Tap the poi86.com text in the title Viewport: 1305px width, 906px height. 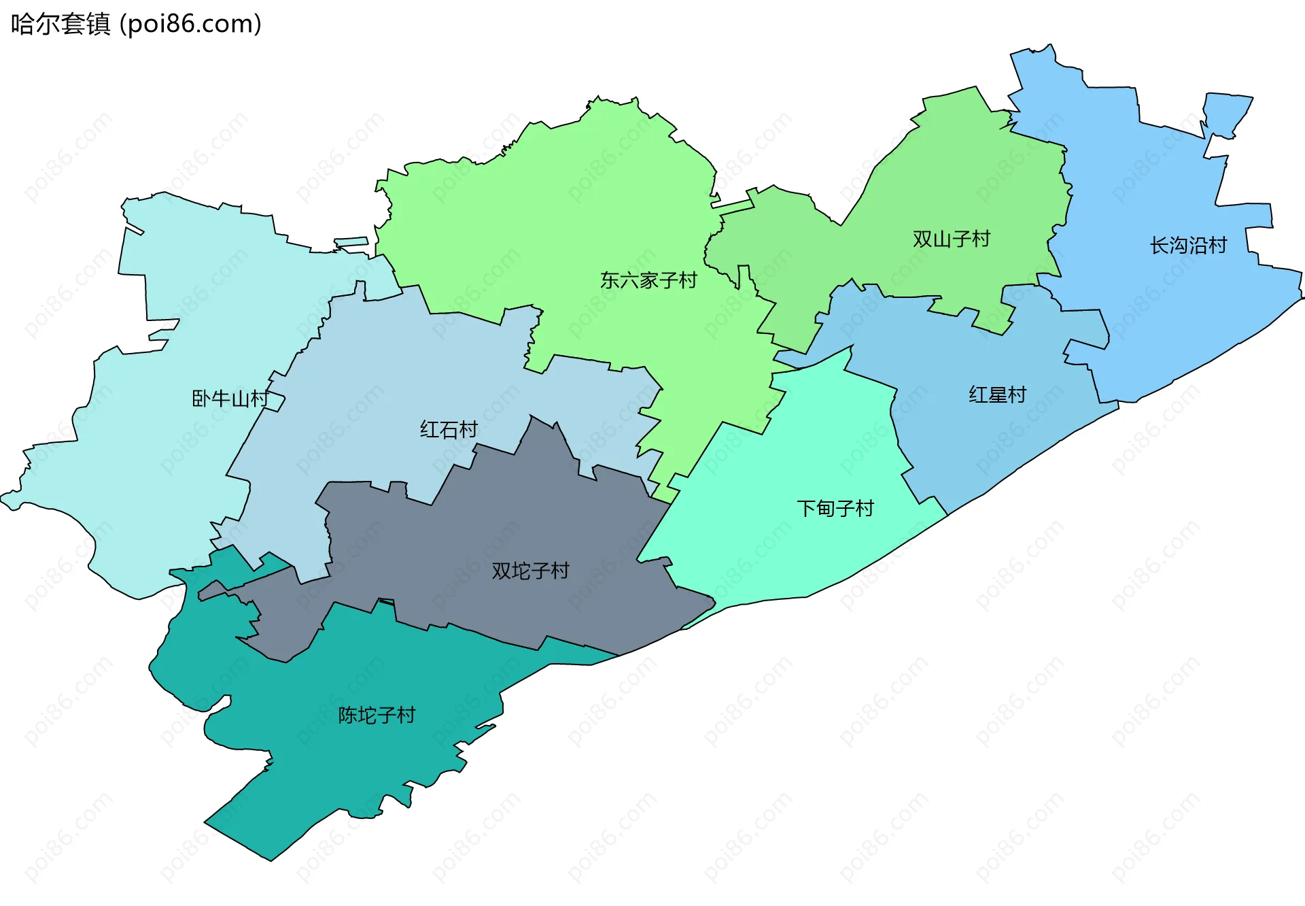[190, 24]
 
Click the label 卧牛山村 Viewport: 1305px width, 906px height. [230, 399]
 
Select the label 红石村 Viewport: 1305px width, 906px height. [449, 430]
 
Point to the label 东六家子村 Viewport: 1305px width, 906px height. [648, 280]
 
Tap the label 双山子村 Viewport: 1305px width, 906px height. [951, 239]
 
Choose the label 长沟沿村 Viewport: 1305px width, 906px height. [1188, 246]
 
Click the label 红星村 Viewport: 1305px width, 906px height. [997, 395]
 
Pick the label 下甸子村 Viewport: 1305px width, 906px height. [835, 509]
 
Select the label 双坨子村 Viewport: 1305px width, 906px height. [530, 571]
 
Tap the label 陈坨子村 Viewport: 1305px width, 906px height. [377, 716]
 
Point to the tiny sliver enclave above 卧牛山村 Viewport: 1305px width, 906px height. [351, 242]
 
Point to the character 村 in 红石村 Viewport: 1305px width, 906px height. [468, 430]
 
